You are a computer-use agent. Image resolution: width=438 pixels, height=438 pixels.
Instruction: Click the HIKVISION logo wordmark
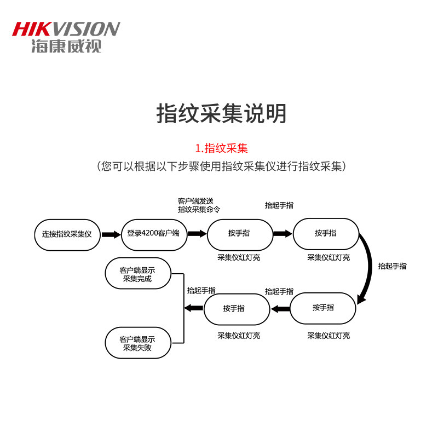pyautogui.click(x=66, y=29)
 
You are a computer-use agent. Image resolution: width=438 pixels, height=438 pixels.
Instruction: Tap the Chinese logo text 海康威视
pyautogui.click(x=66, y=46)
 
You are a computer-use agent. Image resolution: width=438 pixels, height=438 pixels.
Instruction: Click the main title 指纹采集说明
pyautogui.click(x=221, y=113)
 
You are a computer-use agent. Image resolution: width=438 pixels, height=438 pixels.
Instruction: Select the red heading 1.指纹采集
pyautogui.click(x=221, y=148)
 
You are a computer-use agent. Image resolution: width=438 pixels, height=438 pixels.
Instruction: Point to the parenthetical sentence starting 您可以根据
pyautogui.click(x=221, y=166)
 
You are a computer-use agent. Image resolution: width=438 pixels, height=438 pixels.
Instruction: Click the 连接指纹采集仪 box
pyautogui.click(x=67, y=234)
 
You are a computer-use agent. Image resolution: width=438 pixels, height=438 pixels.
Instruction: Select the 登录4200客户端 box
pyautogui.click(x=153, y=234)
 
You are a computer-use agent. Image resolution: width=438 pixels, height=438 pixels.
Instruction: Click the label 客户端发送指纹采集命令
pyautogui.click(x=199, y=205)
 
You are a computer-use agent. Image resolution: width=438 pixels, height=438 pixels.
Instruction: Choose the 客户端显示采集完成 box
pyautogui.click(x=138, y=274)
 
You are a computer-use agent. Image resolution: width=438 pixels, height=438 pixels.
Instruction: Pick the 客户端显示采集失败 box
pyautogui.click(x=138, y=343)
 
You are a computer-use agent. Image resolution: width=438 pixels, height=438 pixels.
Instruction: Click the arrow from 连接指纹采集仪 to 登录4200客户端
pyautogui.click(x=111, y=234)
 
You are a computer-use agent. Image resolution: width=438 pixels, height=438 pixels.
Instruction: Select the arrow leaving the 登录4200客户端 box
pyautogui.click(x=197, y=234)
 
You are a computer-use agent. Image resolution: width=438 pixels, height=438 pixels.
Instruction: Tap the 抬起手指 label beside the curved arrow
pyautogui.click(x=392, y=266)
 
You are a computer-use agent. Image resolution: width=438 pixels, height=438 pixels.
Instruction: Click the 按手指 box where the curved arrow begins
pyautogui.click(x=326, y=234)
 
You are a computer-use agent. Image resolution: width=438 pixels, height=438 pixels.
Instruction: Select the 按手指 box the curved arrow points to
pyautogui.click(x=323, y=308)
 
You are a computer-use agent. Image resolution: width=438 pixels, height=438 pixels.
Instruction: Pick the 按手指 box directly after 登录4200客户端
pyautogui.click(x=239, y=234)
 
